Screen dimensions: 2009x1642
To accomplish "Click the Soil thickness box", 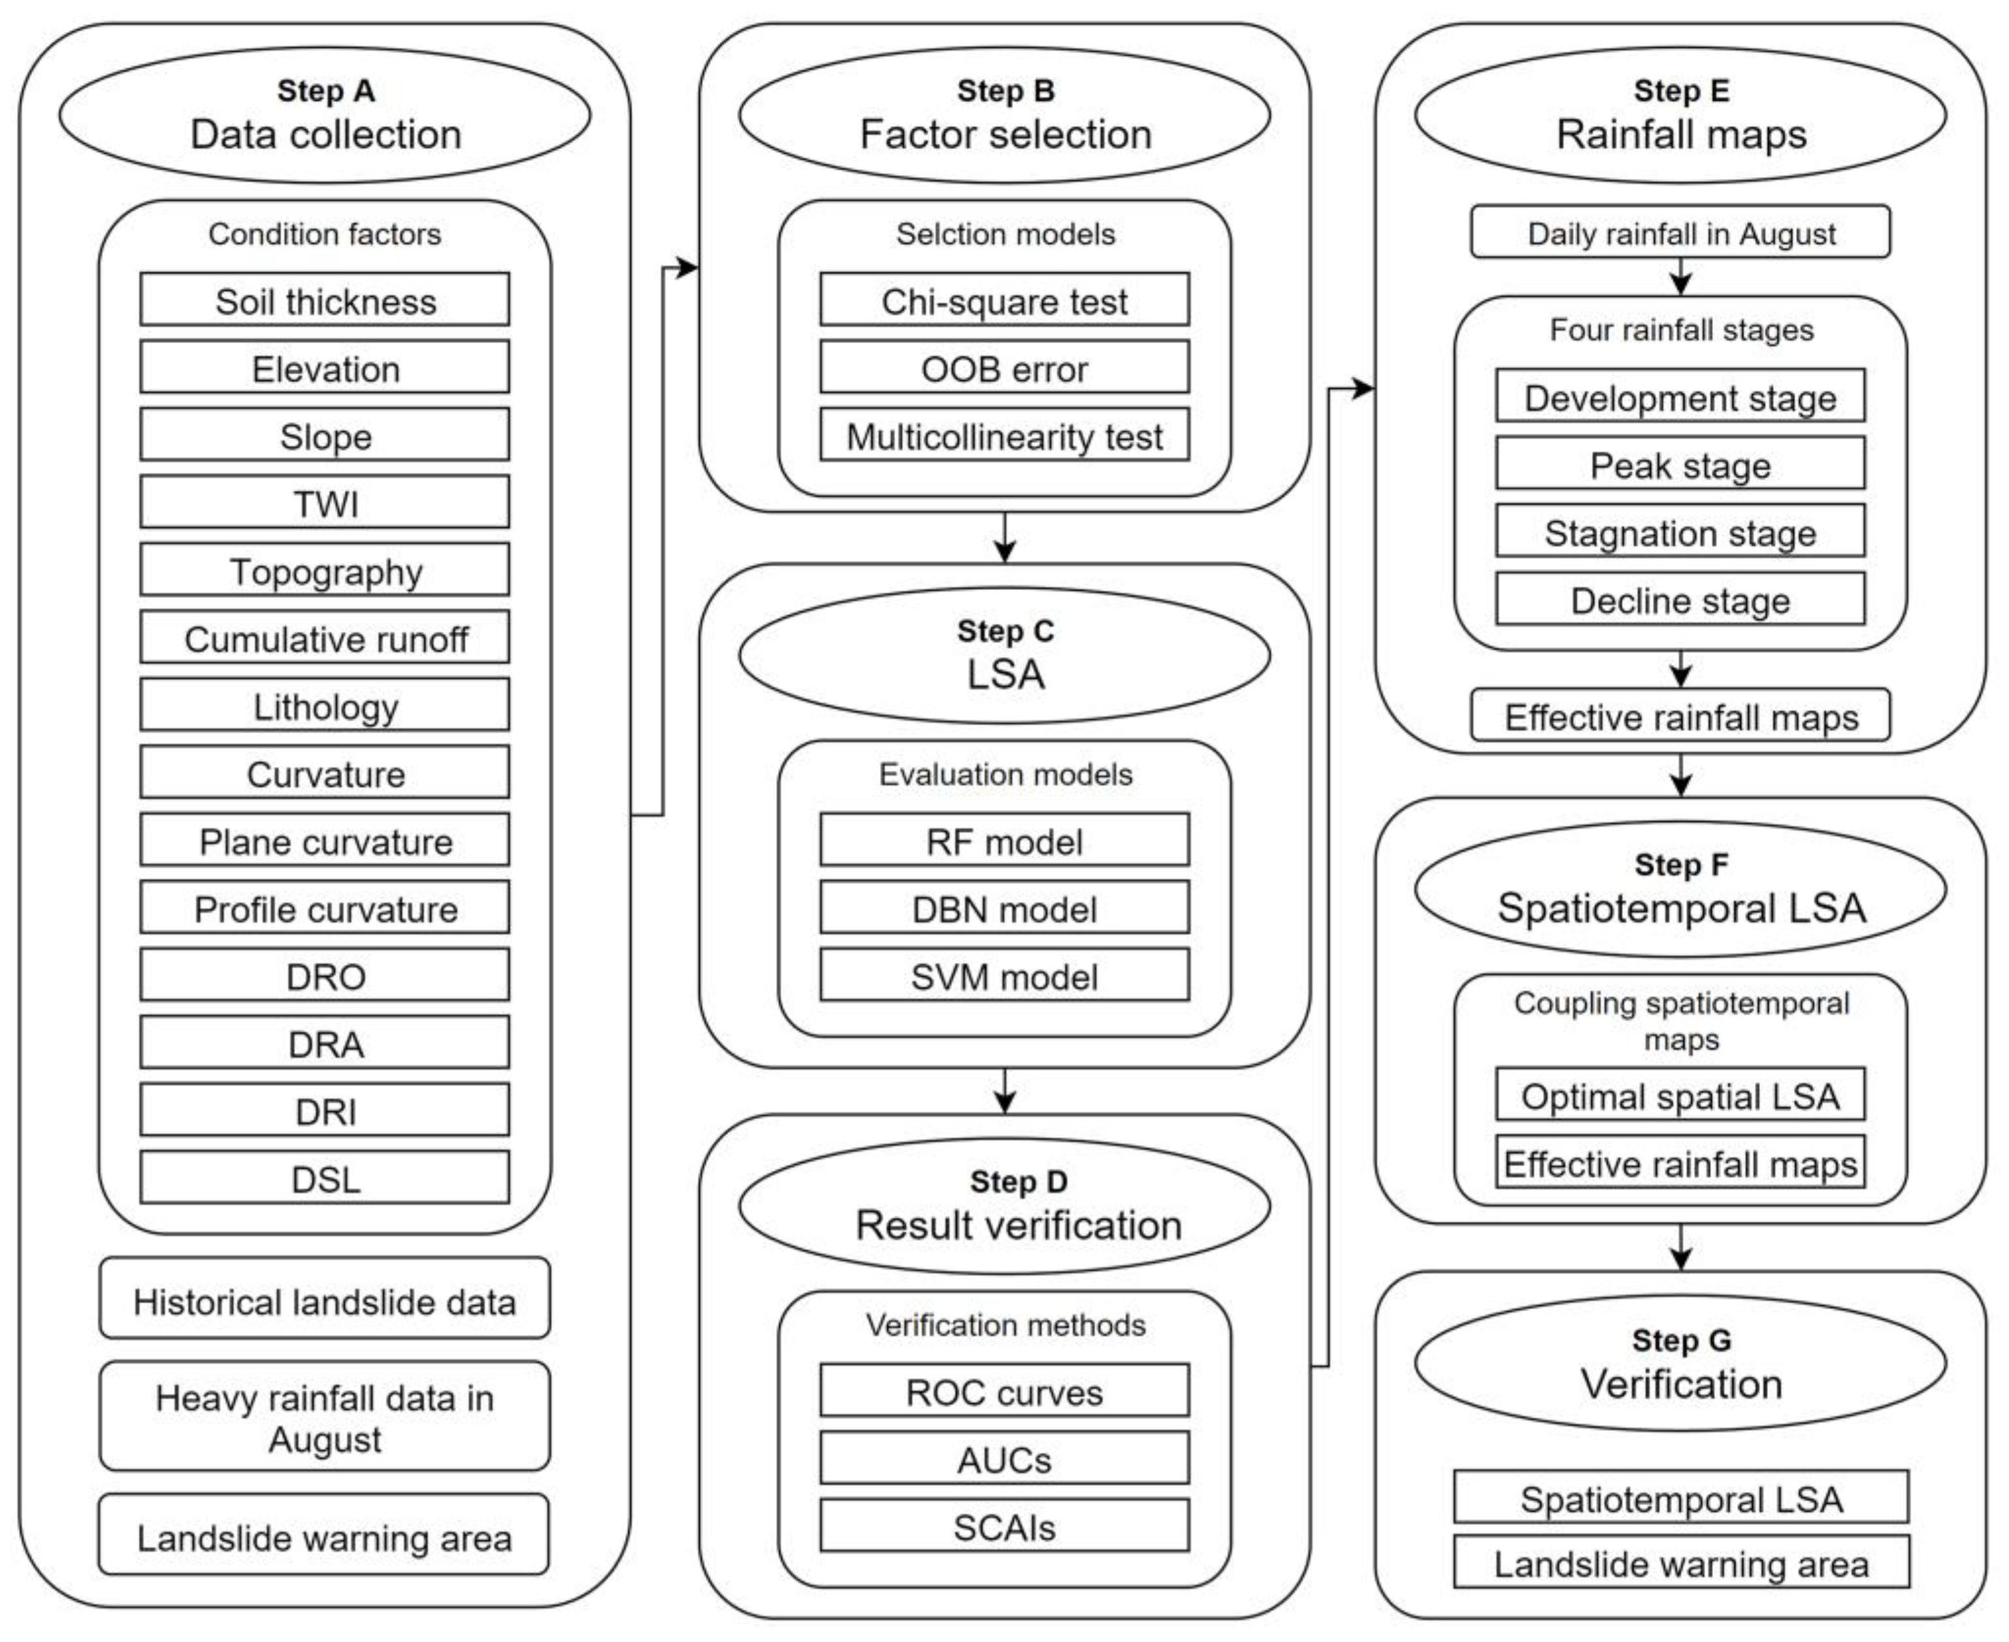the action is [325, 300].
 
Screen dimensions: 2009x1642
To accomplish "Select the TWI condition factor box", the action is [325, 502].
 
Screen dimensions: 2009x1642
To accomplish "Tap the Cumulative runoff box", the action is [325, 637].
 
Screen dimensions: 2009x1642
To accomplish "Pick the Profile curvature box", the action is [325, 907].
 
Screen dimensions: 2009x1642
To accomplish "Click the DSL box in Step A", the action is [325, 1178].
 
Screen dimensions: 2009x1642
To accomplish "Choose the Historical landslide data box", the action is [325, 1298].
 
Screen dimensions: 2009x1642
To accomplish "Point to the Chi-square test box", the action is [1005, 300].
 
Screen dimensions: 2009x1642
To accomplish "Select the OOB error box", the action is [1005, 367].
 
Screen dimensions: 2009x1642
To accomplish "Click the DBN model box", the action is [1005, 907].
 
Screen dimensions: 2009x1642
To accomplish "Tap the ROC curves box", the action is [1005, 1391].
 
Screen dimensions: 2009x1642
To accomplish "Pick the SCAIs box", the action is [1005, 1526].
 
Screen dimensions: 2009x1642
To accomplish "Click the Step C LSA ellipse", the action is [1005, 656].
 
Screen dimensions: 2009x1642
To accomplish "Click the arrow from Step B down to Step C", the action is [1005, 538].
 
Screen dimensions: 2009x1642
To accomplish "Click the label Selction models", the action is [1005, 234].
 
